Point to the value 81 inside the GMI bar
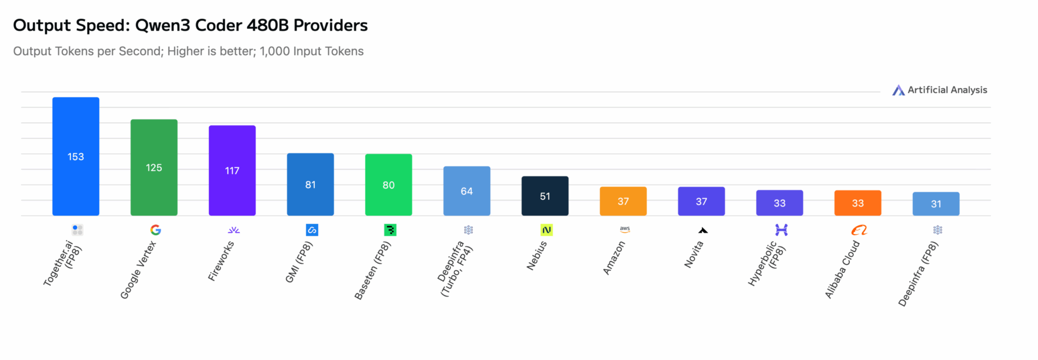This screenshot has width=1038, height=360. click(x=310, y=185)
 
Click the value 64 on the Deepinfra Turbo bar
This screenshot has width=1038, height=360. click(x=467, y=191)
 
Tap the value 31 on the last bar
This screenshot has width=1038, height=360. click(x=936, y=204)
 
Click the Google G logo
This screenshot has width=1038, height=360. click(x=156, y=230)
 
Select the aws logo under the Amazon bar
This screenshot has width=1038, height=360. click(x=625, y=230)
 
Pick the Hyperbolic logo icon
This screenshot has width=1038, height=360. click(x=781, y=230)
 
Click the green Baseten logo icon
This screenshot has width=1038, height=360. click(x=390, y=230)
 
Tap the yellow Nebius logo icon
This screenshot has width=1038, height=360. click(x=546, y=230)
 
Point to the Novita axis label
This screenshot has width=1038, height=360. click(x=694, y=254)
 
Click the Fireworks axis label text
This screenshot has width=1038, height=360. click(x=221, y=261)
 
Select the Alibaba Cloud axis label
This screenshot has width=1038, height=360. click(x=842, y=269)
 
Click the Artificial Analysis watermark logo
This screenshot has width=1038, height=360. click(x=898, y=90)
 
